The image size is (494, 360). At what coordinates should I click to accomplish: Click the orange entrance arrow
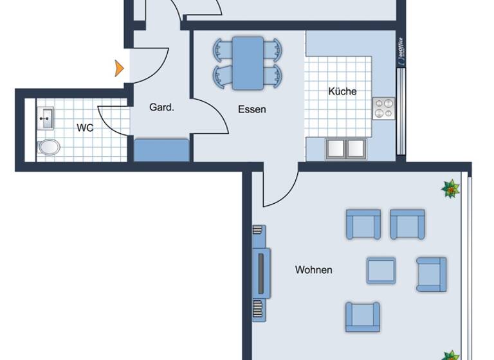119,67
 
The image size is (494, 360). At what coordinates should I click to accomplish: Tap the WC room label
85,128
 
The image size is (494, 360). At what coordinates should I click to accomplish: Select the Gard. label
161,107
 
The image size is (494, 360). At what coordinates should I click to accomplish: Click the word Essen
252,109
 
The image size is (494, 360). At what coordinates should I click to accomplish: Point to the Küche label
342,91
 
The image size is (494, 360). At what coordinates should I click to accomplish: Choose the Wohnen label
313,270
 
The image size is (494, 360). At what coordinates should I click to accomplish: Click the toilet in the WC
49,147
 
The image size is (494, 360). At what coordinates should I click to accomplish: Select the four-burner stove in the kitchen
384,108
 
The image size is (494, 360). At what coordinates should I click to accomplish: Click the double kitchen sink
345,148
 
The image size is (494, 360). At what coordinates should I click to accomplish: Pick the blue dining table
248,62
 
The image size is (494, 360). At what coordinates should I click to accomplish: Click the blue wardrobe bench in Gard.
161,150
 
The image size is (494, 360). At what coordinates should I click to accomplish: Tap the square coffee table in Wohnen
381,270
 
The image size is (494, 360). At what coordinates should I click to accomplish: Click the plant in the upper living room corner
451,188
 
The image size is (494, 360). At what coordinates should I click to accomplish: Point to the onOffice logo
401,52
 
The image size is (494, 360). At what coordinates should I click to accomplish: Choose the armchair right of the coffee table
431,274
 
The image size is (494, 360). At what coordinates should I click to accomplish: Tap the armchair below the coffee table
362,316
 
